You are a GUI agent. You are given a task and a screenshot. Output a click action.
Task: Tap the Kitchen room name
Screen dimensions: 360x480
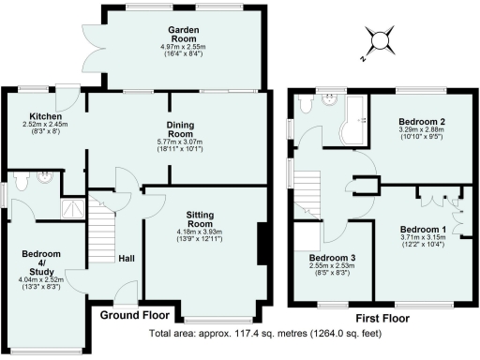[x=39, y=116]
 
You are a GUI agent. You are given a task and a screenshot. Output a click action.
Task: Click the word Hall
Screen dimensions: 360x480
[x=127, y=259]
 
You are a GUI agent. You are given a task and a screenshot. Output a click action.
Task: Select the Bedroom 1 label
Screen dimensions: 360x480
[x=422, y=229]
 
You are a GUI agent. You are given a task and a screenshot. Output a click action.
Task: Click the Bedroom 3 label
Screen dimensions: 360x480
[x=329, y=258]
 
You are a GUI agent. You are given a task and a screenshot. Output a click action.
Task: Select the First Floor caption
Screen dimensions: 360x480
[x=381, y=317]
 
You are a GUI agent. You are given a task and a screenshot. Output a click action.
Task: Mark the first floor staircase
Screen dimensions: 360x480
[x=309, y=196]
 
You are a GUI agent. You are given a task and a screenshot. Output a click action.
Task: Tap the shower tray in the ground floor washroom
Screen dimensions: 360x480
[x=72, y=208]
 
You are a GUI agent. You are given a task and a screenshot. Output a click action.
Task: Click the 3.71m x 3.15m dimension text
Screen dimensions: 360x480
[x=422, y=240]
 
